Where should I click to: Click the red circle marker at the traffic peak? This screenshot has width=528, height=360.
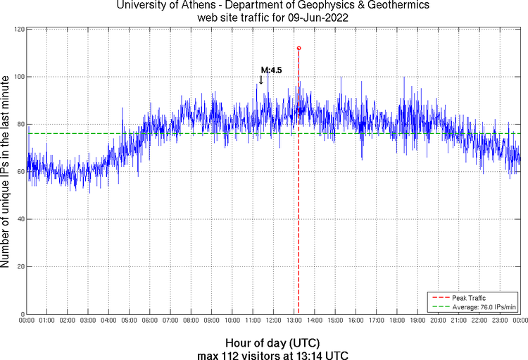[298, 48]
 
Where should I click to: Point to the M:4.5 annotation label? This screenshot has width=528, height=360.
[271, 70]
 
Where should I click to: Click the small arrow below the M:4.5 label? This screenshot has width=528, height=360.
[261, 80]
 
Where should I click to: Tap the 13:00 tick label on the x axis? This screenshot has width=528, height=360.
[294, 321]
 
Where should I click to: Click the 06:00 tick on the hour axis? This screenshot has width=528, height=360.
[150, 321]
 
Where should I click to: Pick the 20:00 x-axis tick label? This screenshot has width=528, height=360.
[438, 321]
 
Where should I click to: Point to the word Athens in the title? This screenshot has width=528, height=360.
[187, 6]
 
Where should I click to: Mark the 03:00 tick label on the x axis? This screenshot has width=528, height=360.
[88, 321]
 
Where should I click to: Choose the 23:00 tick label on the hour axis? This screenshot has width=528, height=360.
[500, 321]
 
